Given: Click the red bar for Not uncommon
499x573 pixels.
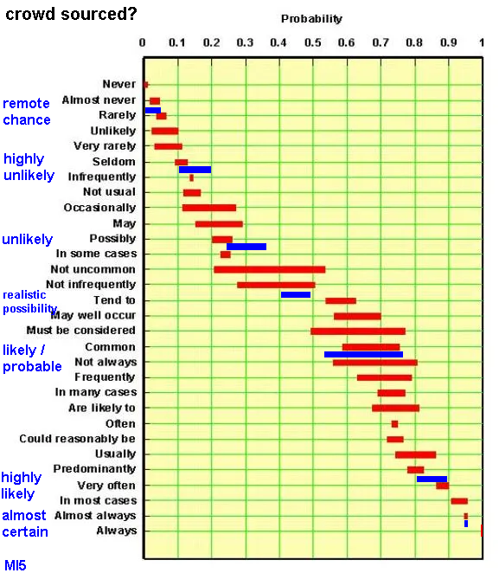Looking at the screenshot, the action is pos(270,270).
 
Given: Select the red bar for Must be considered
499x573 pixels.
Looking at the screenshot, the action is pos(358,332).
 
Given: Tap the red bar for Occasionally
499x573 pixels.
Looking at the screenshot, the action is pos(209,208).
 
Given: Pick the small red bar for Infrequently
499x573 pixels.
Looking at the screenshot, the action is pos(191,178).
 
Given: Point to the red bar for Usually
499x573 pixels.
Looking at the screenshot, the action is pos(415,455).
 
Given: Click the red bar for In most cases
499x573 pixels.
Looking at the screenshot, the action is pos(459,501).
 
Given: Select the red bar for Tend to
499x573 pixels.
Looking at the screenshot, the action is pos(341,300).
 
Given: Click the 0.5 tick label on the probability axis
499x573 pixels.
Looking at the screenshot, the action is pos(313,42).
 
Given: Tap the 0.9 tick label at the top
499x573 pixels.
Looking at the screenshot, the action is pos(448,42).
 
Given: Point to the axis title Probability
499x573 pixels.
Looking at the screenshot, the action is pos(311,19).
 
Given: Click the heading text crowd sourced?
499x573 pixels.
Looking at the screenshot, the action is pos(71,14).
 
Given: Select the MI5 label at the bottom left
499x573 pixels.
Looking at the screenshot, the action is pos(16,565).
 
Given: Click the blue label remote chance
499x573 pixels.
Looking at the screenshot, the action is pos(26,112).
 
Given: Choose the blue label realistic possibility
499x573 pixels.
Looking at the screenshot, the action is pos(29,301).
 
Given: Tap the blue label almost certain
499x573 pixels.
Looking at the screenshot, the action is pos(25,524).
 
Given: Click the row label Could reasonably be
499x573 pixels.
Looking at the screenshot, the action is pos(77,439).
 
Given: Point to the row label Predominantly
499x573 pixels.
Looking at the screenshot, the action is pos(94,469).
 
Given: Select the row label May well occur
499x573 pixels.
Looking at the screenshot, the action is pos(93,315).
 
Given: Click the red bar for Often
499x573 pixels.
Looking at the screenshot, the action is pos(394,424).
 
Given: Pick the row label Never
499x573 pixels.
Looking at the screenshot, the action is pos(119,84).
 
